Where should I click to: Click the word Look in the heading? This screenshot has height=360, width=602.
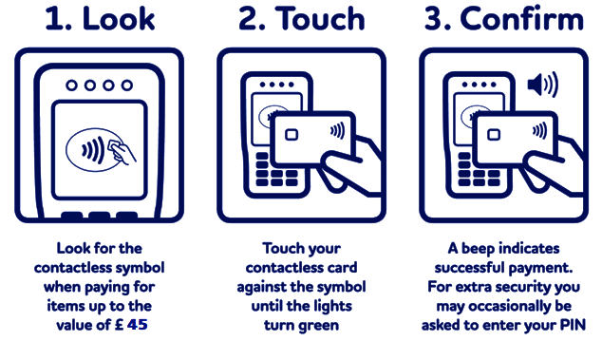[x=119, y=19]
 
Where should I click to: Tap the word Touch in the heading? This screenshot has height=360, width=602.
[x=320, y=19]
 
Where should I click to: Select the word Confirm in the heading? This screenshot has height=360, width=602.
[x=521, y=19]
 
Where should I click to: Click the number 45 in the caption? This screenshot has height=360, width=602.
[x=138, y=325]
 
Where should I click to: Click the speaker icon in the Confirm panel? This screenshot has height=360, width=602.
[x=542, y=85]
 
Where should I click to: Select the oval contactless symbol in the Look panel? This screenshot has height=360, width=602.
[x=95, y=150]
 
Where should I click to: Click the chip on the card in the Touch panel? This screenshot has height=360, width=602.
[x=292, y=135]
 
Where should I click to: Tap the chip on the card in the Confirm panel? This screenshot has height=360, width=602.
[x=494, y=135]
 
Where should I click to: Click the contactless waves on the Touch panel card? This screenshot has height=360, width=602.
[x=337, y=131]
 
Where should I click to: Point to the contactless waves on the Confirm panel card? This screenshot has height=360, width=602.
[x=539, y=131]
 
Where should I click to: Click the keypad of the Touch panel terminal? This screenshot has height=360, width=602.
[x=276, y=170]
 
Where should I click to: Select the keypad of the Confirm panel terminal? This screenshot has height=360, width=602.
[x=479, y=170]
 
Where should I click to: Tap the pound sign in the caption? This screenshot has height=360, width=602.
[x=120, y=325]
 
